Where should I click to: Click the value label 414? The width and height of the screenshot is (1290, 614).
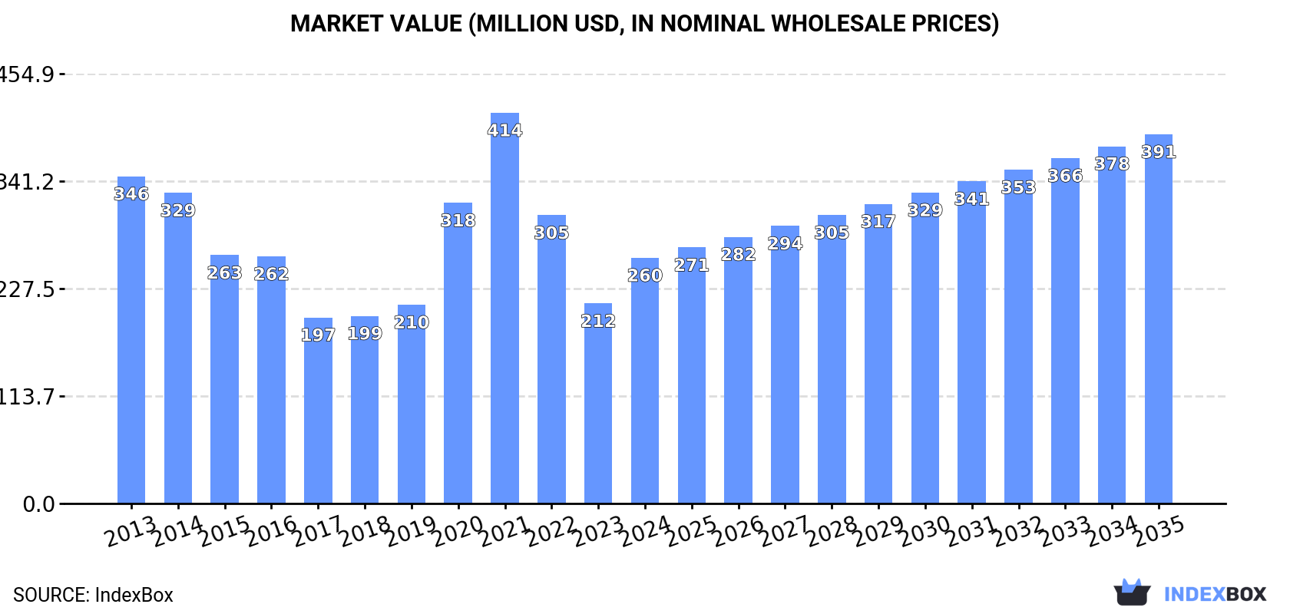[x=504, y=130]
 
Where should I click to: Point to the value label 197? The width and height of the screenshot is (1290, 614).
[x=318, y=335]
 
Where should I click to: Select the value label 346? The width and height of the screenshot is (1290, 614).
[x=131, y=194]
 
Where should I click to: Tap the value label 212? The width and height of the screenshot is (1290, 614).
[x=598, y=321]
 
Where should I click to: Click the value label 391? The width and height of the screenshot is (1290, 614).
[x=1158, y=152]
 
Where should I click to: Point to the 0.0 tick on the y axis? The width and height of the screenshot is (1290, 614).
[x=38, y=504]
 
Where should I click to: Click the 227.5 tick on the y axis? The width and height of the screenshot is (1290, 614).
[x=28, y=289]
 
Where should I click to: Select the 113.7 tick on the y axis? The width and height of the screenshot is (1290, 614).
[x=28, y=397]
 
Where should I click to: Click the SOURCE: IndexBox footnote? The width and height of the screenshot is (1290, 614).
[x=93, y=595]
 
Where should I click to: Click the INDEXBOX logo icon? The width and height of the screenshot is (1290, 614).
[x=1132, y=593]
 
